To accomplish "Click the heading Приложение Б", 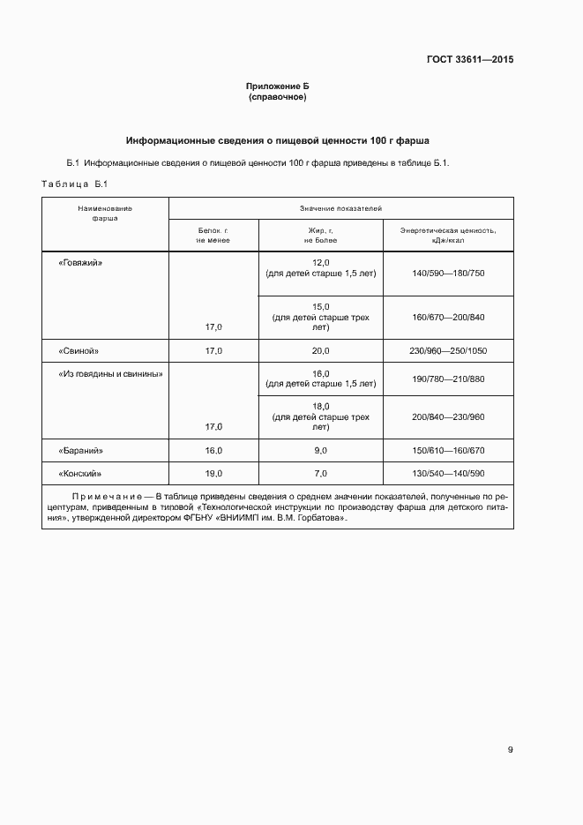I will (x=278, y=86).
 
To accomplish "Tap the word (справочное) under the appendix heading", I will (x=278, y=97).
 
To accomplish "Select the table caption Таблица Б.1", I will (x=73, y=184).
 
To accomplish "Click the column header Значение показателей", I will (x=340, y=208).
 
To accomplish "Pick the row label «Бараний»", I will (x=80, y=450).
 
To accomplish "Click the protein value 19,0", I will (x=213, y=473).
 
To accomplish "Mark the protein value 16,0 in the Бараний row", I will (x=213, y=450).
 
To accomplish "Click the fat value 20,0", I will (x=320, y=350).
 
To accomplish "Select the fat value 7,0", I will (x=320, y=473).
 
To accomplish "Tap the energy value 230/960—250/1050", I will (x=447, y=350).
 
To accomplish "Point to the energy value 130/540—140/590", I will (x=447, y=473).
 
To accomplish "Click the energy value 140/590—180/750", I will (x=447, y=274).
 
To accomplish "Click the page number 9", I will (x=510, y=750).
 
